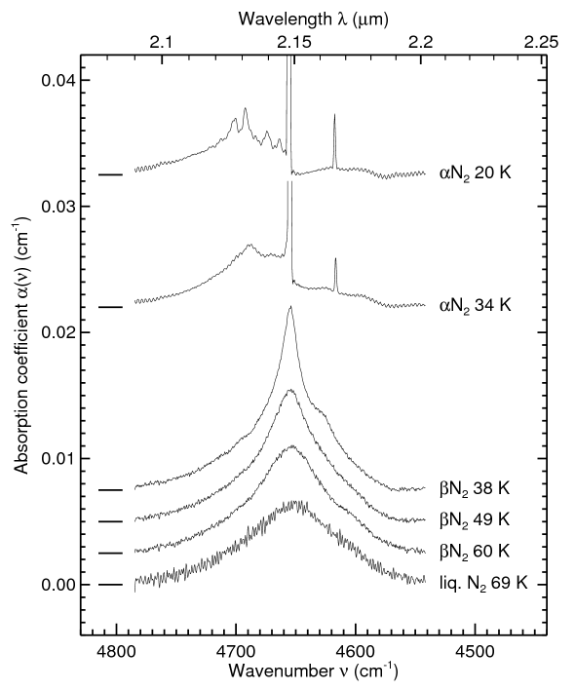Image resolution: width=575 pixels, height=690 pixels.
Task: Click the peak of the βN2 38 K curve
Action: pos(289,308)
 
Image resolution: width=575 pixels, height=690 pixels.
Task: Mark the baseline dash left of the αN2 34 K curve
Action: pos(110,307)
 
